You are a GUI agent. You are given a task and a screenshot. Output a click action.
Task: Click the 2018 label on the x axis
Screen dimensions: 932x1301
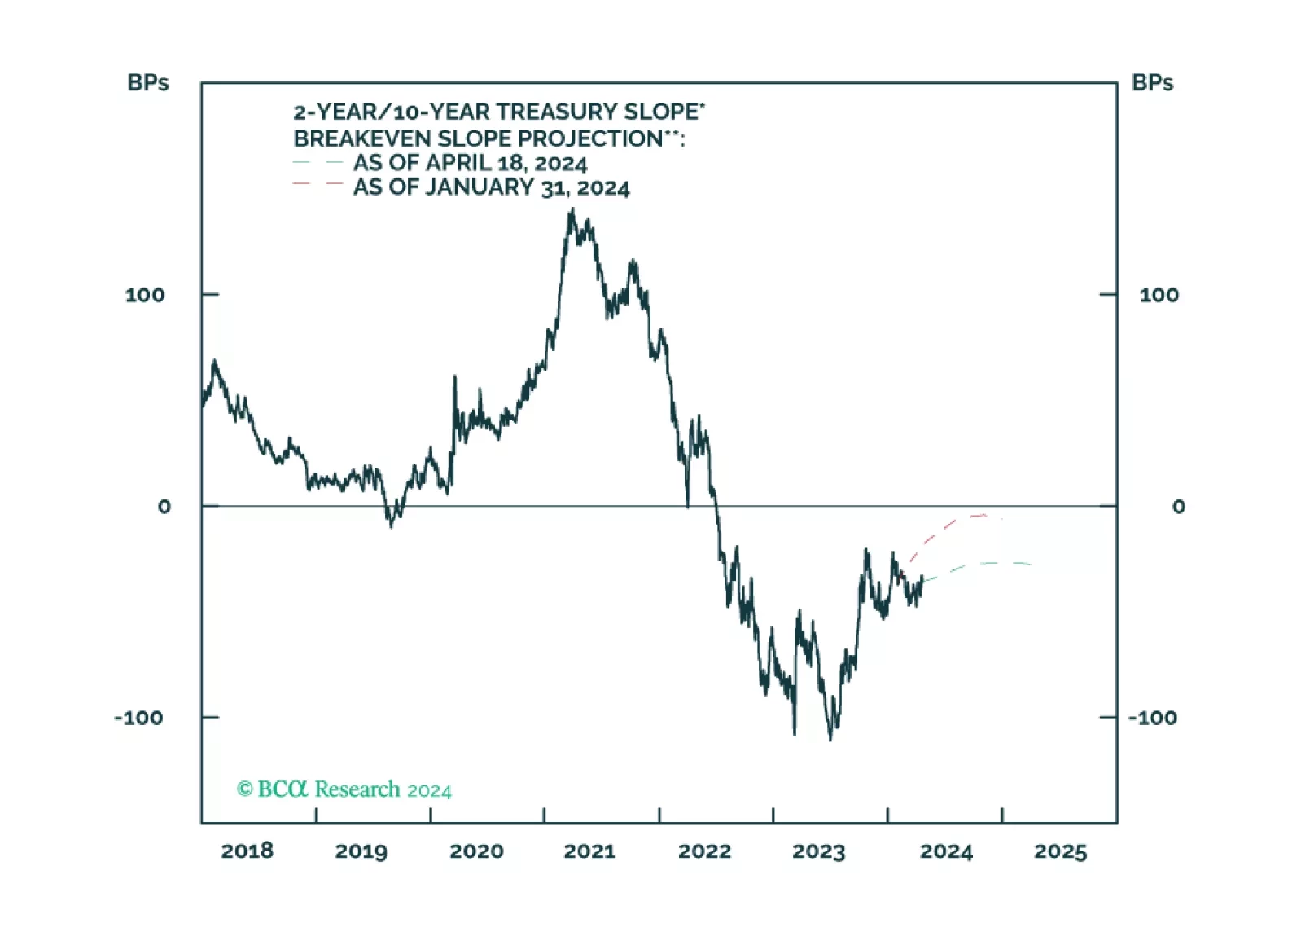tap(247, 851)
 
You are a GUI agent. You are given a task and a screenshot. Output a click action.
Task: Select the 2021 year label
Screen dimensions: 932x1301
tap(589, 851)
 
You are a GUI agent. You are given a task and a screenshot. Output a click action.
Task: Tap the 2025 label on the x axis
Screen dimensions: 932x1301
tap(1060, 851)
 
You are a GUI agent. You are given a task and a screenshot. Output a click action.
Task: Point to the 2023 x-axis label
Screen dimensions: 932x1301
tap(818, 851)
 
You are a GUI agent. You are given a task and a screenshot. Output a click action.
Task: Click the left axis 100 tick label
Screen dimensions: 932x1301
tap(145, 295)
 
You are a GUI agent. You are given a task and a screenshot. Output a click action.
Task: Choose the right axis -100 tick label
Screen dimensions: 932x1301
tap(1152, 718)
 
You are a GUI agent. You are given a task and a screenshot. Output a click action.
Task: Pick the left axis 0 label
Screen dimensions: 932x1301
tap(164, 507)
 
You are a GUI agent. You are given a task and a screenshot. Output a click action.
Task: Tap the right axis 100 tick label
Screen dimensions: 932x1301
tap(1158, 295)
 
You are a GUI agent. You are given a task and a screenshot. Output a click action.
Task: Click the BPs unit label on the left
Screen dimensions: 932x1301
tap(148, 82)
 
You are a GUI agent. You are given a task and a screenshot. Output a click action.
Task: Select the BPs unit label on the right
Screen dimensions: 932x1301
tap(1152, 82)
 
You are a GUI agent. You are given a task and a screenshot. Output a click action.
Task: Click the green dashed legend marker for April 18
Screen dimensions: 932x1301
tap(318, 163)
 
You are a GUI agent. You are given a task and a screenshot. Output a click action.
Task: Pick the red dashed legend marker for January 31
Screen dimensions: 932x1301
tap(318, 184)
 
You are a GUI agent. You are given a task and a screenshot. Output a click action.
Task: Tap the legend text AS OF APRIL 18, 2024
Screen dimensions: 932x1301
tap(470, 163)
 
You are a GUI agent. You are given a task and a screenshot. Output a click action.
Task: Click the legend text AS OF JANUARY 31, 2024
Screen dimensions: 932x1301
tap(491, 187)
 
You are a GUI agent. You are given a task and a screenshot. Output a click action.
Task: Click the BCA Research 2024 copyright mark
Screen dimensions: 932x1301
tap(344, 789)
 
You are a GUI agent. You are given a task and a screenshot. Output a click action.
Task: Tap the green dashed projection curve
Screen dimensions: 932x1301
tap(977, 565)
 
